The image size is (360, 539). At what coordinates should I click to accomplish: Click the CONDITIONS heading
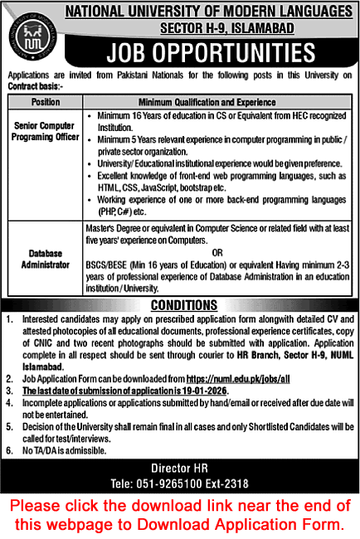(180, 304)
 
